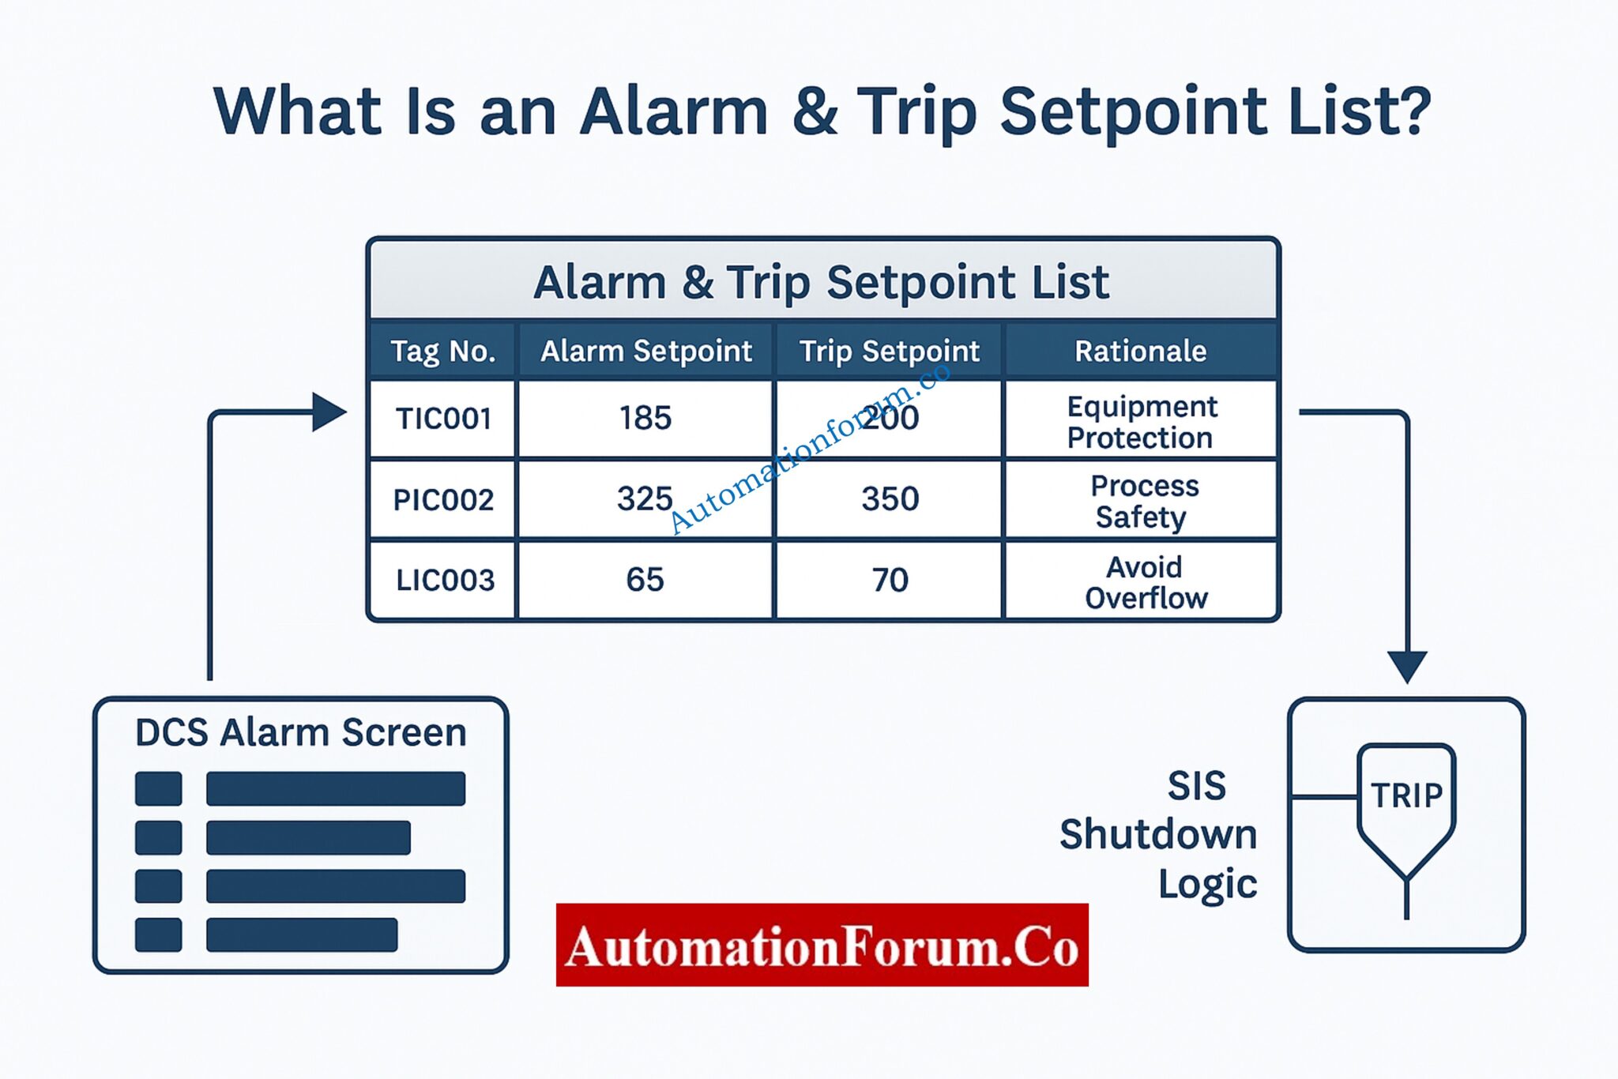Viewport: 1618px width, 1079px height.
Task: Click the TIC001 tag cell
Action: pyautogui.click(x=443, y=419)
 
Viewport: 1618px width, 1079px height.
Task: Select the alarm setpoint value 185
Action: pyautogui.click(x=645, y=418)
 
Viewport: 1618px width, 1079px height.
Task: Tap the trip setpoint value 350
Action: pyautogui.click(x=890, y=499)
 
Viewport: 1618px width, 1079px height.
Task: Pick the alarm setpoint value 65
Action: pyautogui.click(x=645, y=580)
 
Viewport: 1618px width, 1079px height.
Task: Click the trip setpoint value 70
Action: pyautogui.click(x=890, y=581)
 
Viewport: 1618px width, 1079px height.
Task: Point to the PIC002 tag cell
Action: pyautogui.click(x=443, y=500)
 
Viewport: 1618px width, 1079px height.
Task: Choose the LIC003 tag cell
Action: pyautogui.click(x=445, y=581)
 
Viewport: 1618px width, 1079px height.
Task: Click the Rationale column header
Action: pyautogui.click(x=1140, y=351)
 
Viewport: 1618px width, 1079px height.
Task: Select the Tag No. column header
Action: pyautogui.click(x=443, y=351)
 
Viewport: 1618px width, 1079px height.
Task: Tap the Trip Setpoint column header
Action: pyautogui.click(x=889, y=351)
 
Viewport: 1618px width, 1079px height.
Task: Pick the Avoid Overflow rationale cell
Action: pyautogui.click(x=1146, y=582)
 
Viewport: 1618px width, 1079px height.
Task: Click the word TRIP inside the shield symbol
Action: pyautogui.click(x=1406, y=795)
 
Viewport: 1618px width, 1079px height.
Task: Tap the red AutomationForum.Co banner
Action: pyautogui.click(x=822, y=946)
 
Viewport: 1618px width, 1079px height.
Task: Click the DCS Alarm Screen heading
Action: pyautogui.click(x=300, y=732)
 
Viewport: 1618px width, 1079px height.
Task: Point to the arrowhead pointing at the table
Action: pyautogui.click(x=329, y=412)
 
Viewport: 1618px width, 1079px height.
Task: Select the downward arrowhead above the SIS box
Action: pyautogui.click(x=1407, y=666)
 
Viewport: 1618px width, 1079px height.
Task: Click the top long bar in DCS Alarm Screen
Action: pyautogui.click(x=335, y=788)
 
